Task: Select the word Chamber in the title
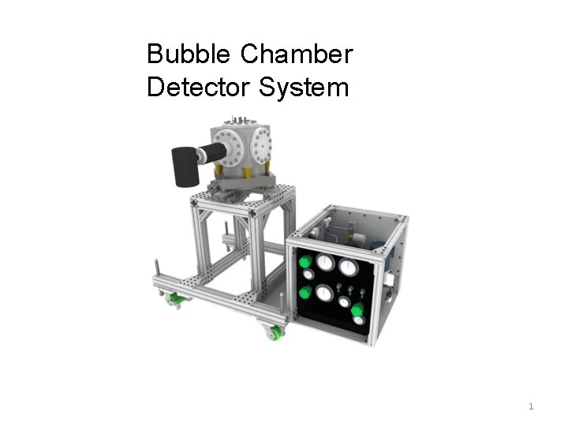tap(296, 54)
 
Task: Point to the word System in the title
tap(303, 87)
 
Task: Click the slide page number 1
tap(531, 406)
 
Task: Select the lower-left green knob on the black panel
tap(305, 293)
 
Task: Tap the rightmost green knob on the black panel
tap(357, 309)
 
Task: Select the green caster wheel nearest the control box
tap(275, 333)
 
